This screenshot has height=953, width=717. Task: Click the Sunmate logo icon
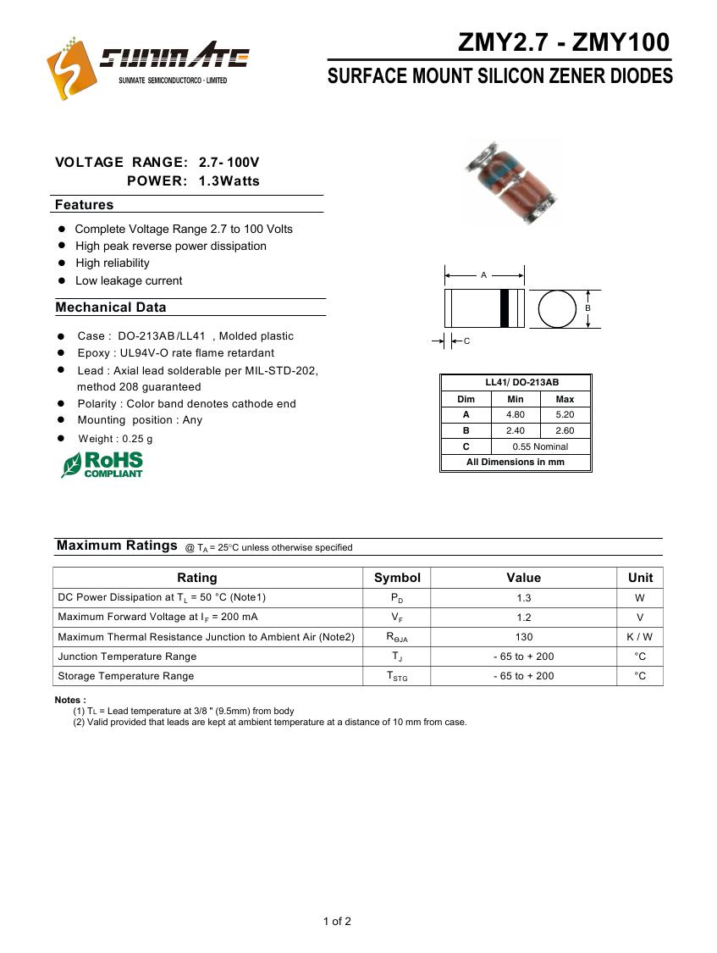point(69,69)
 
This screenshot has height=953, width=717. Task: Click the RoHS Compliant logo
point(102,464)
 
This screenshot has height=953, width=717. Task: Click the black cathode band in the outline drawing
point(504,308)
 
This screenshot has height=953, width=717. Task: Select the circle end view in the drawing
point(557,308)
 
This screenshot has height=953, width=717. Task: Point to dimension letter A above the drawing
point(484,275)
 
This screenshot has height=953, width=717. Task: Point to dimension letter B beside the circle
point(587,308)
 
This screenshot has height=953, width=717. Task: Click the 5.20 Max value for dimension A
point(565,415)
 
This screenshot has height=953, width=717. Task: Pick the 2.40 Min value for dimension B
point(515,430)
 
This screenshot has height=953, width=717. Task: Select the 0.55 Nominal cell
point(540,446)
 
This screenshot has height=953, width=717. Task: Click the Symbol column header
point(397,578)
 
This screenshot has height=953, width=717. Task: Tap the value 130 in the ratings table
point(523,637)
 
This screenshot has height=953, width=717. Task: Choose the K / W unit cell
point(640,637)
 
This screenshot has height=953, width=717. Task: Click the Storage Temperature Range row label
point(126,676)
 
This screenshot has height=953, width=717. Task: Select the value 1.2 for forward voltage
point(523,618)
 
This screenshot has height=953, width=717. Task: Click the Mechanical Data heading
point(111,308)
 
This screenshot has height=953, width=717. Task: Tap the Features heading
point(84,205)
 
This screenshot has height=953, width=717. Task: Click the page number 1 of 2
point(337,922)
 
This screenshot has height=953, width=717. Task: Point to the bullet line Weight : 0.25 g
point(115,439)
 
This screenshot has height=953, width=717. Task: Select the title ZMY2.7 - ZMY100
point(563,42)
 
